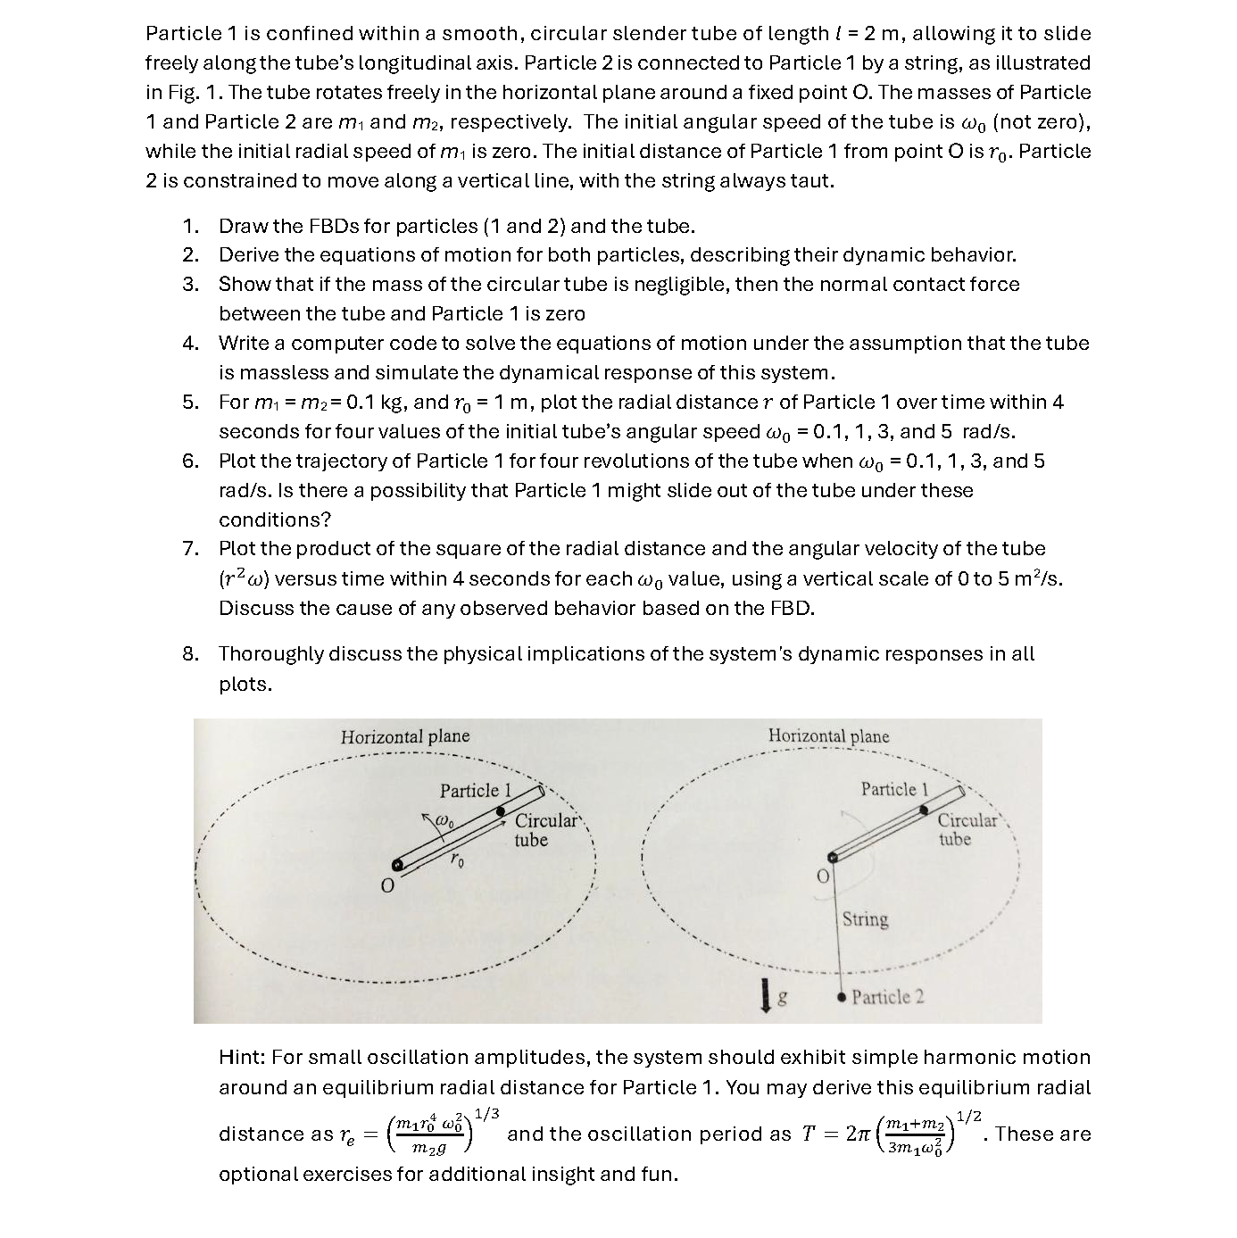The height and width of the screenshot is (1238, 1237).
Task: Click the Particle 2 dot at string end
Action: coord(841,997)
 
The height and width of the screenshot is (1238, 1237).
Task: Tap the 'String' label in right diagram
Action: coord(865,919)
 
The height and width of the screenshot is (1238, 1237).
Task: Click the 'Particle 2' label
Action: coord(887,997)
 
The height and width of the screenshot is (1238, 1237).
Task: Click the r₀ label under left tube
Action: coord(457,860)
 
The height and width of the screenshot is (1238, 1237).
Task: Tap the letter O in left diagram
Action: coord(386,886)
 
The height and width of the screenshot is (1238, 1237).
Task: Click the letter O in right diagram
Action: coord(823,877)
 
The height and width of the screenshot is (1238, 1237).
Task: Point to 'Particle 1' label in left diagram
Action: coord(475,791)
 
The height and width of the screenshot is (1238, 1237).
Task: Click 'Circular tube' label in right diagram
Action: coord(967,829)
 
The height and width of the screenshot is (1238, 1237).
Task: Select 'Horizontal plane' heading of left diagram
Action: coord(404,737)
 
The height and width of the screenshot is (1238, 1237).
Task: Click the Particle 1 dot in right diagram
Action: coord(926,810)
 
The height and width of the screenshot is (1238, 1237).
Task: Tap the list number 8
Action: coord(190,654)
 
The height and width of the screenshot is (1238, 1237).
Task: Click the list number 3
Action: coord(190,285)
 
